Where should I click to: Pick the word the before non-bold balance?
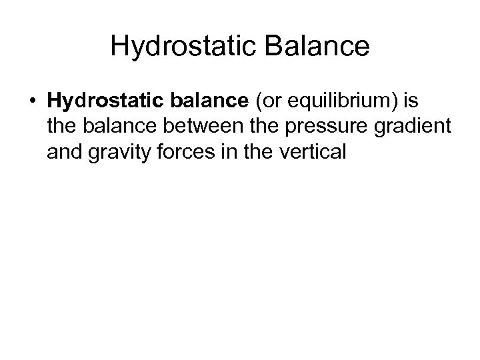click(x=61, y=127)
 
